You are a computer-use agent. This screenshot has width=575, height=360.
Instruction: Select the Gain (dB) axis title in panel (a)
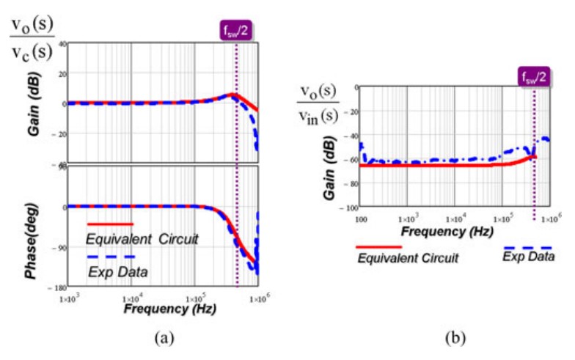[33, 103]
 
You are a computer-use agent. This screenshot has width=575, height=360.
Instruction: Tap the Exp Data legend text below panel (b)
[528, 256]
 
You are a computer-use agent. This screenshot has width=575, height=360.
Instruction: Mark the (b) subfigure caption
[455, 338]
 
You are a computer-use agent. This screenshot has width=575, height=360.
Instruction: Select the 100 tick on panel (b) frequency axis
[360, 218]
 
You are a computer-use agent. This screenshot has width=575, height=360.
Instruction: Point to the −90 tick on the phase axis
[58, 248]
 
